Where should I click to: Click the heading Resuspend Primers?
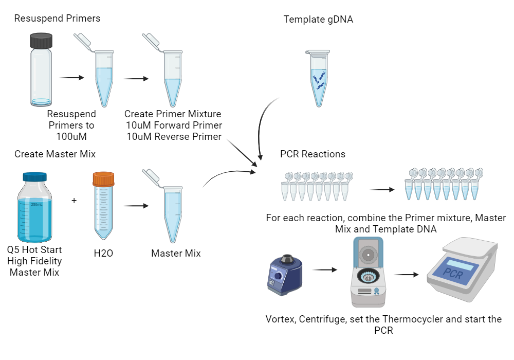click(x=57, y=19)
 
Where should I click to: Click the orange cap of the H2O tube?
click(x=103, y=179)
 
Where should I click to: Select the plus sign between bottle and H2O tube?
click(x=74, y=200)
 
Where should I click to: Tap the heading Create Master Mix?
click(x=55, y=154)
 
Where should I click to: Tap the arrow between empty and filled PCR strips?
click(x=382, y=189)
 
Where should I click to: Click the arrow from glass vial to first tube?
click(x=72, y=78)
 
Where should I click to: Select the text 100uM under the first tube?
click(x=71, y=137)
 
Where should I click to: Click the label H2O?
click(x=103, y=254)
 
